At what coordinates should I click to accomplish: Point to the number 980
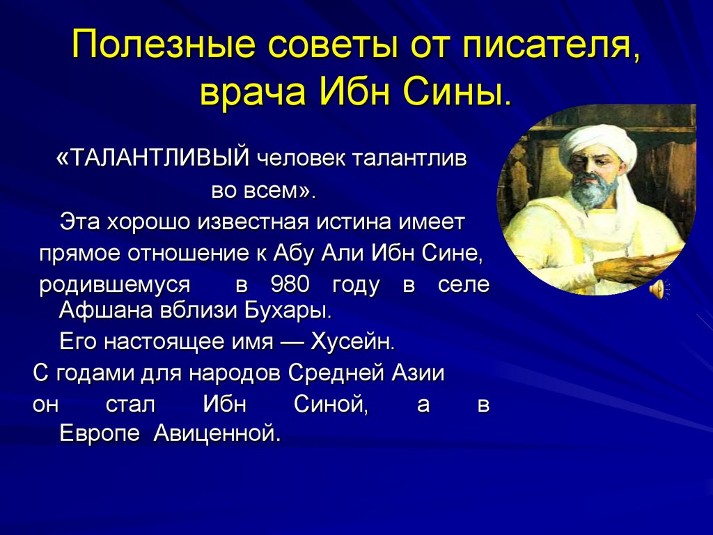click(290, 285)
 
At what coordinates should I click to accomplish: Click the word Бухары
click(289, 310)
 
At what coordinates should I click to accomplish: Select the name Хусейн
click(352, 341)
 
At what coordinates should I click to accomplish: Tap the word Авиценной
click(217, 433)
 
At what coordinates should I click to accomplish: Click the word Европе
click(100, 434)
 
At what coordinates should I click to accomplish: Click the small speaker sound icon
click(659, 290)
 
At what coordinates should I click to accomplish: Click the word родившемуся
click(115, 286)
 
